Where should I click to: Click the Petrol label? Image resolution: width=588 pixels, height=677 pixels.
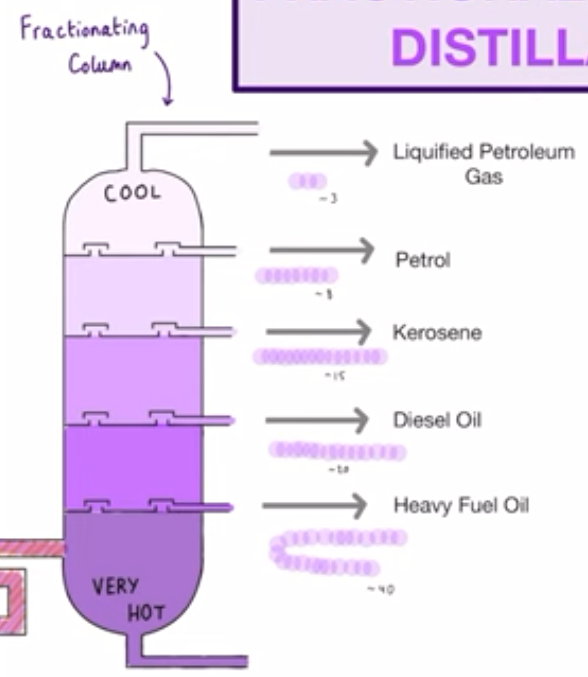422,261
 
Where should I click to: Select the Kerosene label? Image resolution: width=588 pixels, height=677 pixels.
437,333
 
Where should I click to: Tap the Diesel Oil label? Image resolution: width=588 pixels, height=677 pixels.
437,420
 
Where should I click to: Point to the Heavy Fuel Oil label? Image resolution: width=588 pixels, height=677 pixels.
461,505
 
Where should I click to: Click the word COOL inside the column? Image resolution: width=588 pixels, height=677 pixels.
132,193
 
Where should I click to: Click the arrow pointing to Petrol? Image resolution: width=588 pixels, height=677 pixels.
322,249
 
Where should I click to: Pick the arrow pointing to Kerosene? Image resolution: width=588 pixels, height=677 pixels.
318,330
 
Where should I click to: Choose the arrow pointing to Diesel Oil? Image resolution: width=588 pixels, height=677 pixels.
317,420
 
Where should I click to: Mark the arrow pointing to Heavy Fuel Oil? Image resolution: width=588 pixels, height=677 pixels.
315,505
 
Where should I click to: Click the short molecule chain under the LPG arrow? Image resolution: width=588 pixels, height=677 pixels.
307,181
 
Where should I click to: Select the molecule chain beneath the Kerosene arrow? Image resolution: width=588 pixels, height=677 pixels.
320,357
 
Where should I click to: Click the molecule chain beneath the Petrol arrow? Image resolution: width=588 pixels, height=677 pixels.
297,275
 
